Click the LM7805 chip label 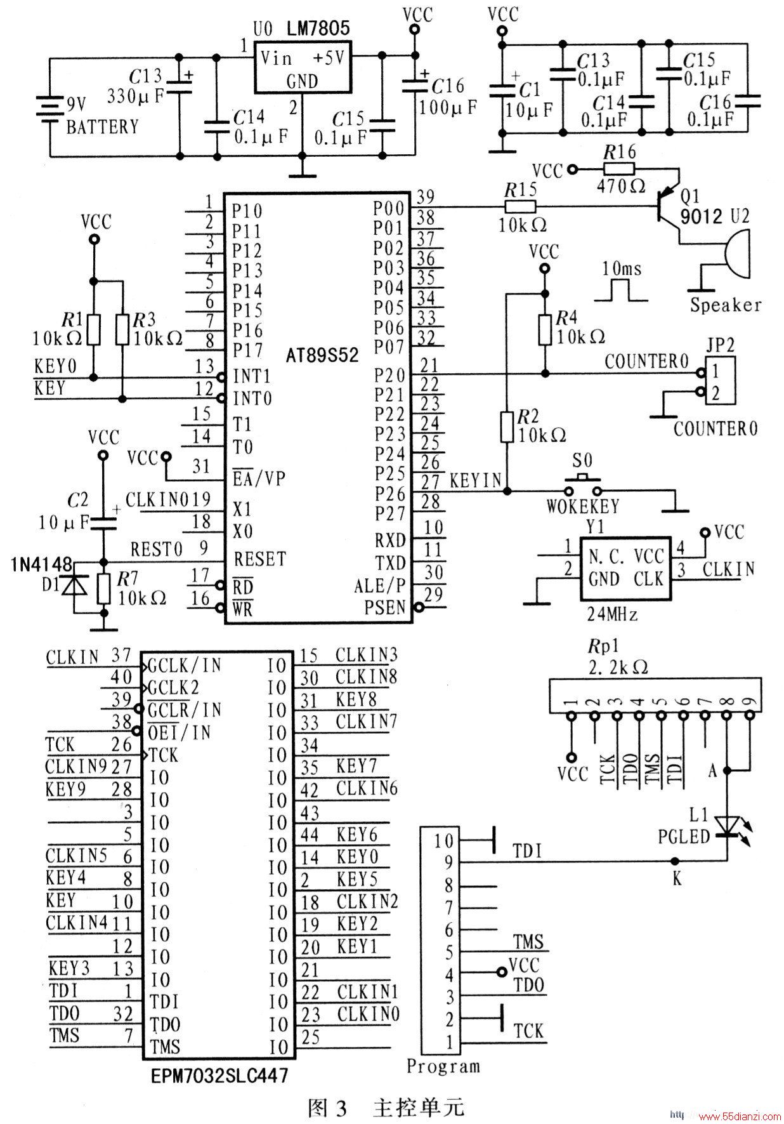pyautogui.click(x=318, y=28)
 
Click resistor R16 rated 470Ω pyautogui.click(x=618, y=169)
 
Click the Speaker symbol pyautogui.click(x=736, y=256)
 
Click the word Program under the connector pyautogui.click(x=443, y=1066)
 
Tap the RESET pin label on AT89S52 pyautogui.click(x=260, y=559)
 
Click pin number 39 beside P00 pyautogui.click(x=426, y=196)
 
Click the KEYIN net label pyautogui.click(x=476, y=480)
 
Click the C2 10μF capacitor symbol pyautogui.click(x=103, y=522)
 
